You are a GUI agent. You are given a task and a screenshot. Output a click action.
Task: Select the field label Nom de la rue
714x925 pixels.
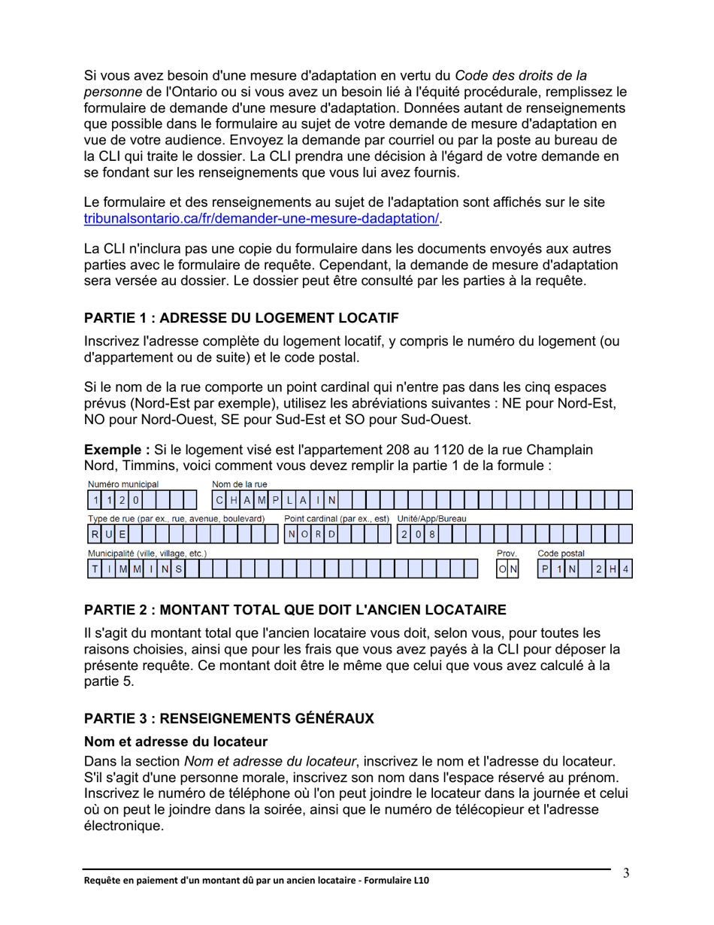point(241,484)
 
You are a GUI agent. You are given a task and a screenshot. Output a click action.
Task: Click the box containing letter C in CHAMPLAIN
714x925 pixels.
point(219,499)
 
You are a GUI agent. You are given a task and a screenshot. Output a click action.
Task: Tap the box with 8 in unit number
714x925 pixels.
point(431,534)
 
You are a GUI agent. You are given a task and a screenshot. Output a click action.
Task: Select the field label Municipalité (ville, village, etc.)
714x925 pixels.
point(147,553)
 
